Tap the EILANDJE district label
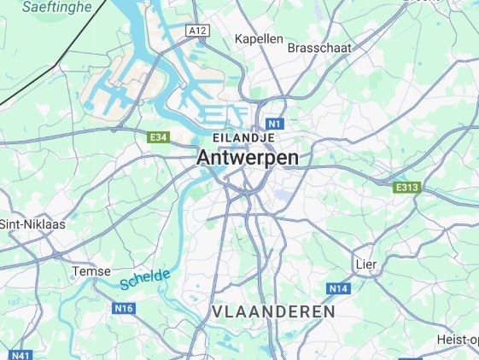pyautogui.click(x=243, y=137)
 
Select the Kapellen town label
pyautogui.click(x=258, y=39)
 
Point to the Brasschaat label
pyautogui.click(x=320, y=48)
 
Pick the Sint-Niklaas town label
pyautogui.click(x=32, y=224)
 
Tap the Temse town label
pyautogui.click(x=92, y=270)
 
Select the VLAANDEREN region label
pyautogui.click(x=273, y=312)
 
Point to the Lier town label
pyautogui.click(x=365, y=264)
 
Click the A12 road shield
pyautogui.click(x=198, y=31)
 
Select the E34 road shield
pyautogui.click(x=158, y=136)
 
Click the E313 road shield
pyautogui.click(x=406, y=187)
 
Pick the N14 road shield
pyautogui.click(x=339, y=289)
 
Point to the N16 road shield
pyautogui.click(x=125, y=307)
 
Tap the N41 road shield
pyautogui.click(x=21, y=355)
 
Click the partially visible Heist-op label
pyautogui.click(x=457, y=340)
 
